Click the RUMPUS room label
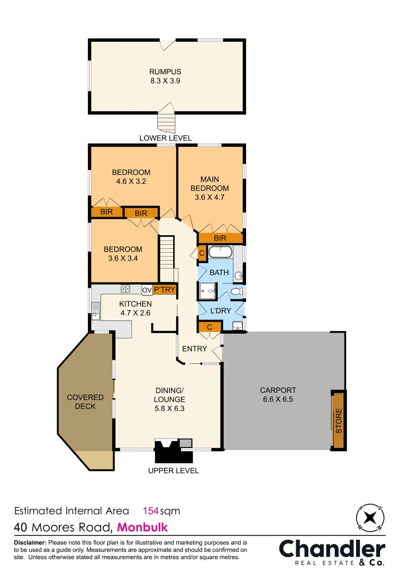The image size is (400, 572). pyautogui.click(x=165, y=72)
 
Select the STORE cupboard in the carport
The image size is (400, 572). pyautogui.click(x=339, y=421)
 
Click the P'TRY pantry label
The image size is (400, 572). pyautogui.click(x=164, y=290)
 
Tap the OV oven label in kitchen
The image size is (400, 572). pyautogui.click(x=147, y=290)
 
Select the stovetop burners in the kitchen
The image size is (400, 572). pyautogui.click(x=126, y=289)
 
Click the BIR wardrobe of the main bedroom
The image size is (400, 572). pyautogui.click(x=220, y=238)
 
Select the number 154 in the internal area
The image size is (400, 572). pyautogui.click(x=151, y=511)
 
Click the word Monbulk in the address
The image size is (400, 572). pyautogui.click(x=142, y=528)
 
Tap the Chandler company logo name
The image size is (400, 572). pyautogui.click(x=332, y=549)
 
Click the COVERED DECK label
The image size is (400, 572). pyautogui.click(x=85, y=401)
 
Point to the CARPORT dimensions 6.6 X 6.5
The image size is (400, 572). pyautogui.click(x=277, y=399)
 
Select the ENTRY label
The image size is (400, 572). pyautogui.click(x=195, y=348)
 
